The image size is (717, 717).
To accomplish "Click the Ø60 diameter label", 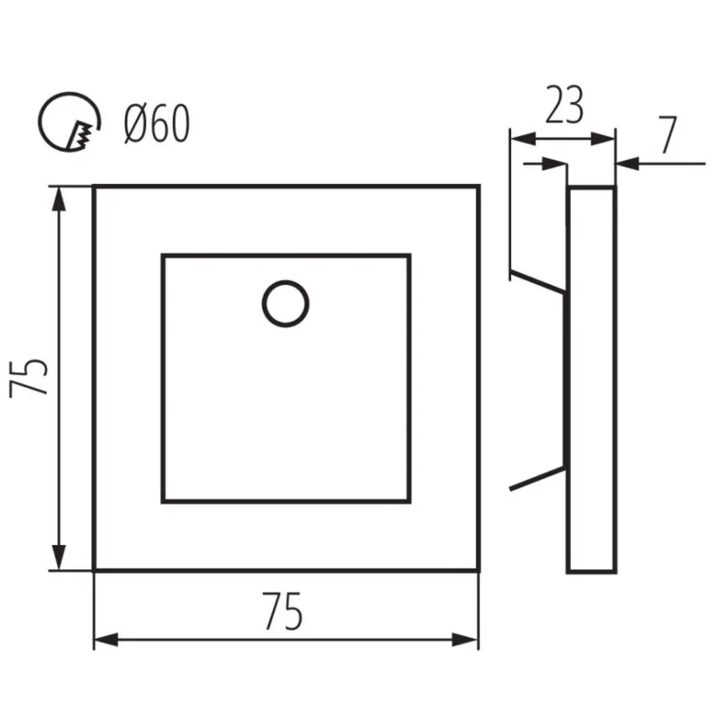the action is (157, 123).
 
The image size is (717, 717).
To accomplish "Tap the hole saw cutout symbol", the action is (69, 121).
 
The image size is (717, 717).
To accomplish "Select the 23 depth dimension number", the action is (564, 105).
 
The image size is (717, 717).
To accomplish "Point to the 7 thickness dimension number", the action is (667, 135).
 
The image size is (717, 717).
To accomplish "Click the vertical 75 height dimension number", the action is (29, 378).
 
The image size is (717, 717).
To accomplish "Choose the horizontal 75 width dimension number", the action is (282, 611).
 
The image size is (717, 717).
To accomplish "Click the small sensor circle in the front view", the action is (285, 304).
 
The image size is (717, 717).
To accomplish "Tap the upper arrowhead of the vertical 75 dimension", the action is (59, 199).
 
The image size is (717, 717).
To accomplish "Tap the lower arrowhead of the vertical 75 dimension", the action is (59, 558).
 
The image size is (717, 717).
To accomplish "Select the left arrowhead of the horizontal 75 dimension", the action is (106, 640).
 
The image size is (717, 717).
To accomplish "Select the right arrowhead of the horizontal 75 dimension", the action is (466, 640).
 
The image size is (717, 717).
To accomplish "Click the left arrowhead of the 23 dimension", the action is (523, 138).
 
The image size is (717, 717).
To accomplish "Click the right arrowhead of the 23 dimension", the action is (602, 138).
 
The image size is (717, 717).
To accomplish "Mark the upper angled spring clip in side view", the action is (538, 282).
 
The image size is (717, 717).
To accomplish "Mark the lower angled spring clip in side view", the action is (538, 479).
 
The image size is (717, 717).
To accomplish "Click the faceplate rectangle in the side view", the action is (591, 379).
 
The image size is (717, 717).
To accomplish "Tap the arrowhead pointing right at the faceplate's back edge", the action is (554, 164).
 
